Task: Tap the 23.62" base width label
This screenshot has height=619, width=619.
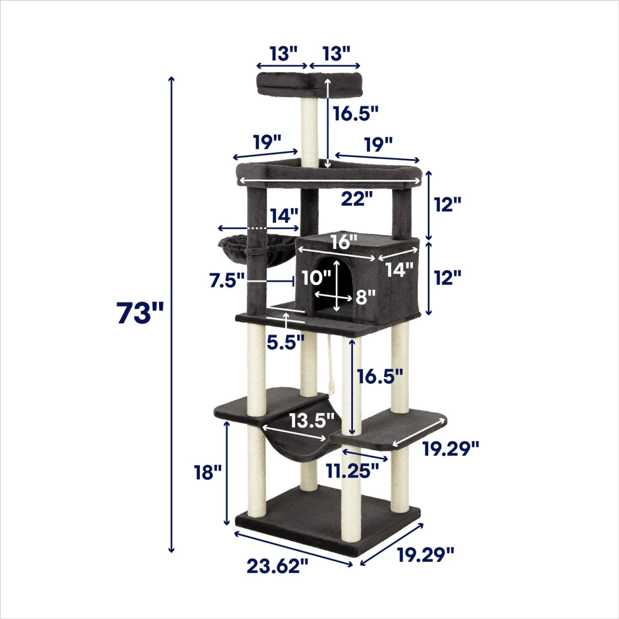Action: coord(277,566)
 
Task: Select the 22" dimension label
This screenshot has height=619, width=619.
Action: coord(357,199)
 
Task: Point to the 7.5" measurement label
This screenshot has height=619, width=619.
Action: coord(227,281)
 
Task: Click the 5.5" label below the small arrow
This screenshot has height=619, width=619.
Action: coord(285,343)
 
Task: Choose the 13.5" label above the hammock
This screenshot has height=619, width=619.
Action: coord(312,421)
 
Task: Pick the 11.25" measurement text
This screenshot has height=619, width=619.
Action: coord(352,470)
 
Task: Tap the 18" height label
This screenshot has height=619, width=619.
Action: coord(208,473)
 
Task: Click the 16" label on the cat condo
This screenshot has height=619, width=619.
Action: coord(344,242)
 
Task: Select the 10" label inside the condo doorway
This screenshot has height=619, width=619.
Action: coord(316,278)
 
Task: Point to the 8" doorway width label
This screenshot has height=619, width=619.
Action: coord(366,296)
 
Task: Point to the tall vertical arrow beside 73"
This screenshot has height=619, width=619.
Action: coord(172,314)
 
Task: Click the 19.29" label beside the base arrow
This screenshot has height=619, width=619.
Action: coord(425,555)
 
